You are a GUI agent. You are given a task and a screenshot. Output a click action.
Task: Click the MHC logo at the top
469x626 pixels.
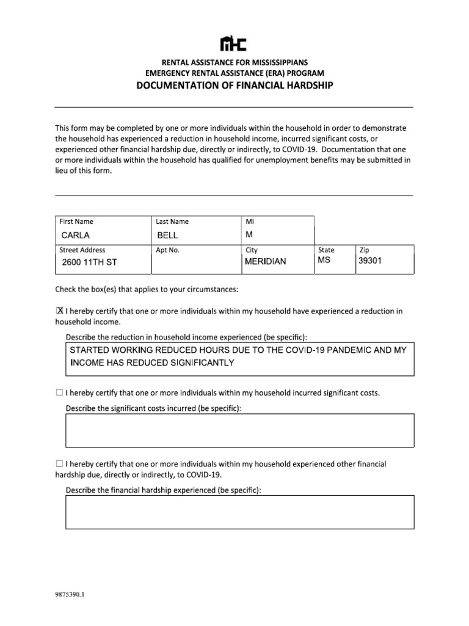click(234, 43)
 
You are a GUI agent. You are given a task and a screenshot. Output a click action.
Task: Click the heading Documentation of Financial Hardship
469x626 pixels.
click(234, 85)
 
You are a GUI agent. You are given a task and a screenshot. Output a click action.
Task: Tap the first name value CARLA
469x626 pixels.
click(75, 235)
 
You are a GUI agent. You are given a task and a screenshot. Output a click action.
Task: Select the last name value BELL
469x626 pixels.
click(168, 235)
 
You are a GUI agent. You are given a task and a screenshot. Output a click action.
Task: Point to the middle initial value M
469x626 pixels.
click(249, 234)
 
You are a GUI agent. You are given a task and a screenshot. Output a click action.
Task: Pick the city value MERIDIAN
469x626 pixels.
click(265, 262)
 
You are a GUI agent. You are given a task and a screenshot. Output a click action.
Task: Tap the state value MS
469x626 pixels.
click(324, 261)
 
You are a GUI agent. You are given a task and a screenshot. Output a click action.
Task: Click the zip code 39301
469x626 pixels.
click(371, 261)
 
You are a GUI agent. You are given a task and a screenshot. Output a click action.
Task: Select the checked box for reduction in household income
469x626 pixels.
click(59, 311)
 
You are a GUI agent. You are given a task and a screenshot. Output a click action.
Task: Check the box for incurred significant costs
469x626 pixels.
click(59, 392)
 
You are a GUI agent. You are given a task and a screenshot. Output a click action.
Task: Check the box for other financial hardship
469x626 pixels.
click(59, 465)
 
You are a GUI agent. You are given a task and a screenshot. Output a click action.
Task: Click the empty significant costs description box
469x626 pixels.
click(239, 430)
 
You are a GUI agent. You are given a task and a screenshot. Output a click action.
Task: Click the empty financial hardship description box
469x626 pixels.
click(239, 512)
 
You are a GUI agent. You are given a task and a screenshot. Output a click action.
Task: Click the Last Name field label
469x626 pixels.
click(173, 221)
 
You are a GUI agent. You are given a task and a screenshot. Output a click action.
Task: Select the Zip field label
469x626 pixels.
click(365, 249)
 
